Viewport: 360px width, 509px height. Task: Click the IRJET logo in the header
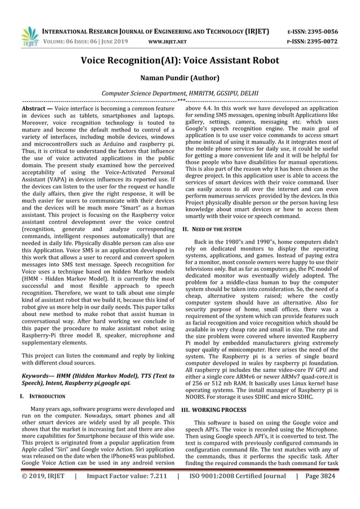pos(28,35)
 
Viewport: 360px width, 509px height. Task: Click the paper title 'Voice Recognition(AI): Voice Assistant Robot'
pos(179,60)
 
